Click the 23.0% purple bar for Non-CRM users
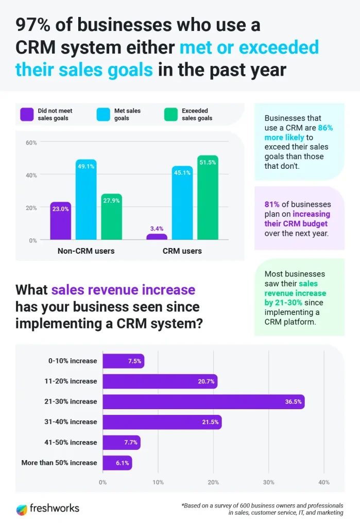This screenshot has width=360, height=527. click(61, 221)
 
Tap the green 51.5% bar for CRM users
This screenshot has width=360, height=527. click(208, 198)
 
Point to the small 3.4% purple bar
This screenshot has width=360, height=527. click(157, 237)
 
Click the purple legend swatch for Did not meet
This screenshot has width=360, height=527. click(27, 114)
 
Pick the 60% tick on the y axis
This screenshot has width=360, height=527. click(31, 143)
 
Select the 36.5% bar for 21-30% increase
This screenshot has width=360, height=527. click(203, 401)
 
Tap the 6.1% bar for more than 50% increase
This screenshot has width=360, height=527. click(117, 463)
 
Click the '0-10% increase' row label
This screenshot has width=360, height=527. click(73, 361)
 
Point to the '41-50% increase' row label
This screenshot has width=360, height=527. click(73, 442)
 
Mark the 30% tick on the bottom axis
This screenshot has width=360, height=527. click(268, 482)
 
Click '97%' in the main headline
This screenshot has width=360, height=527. click(34, 25)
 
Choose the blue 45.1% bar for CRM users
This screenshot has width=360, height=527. click(182, 203)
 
